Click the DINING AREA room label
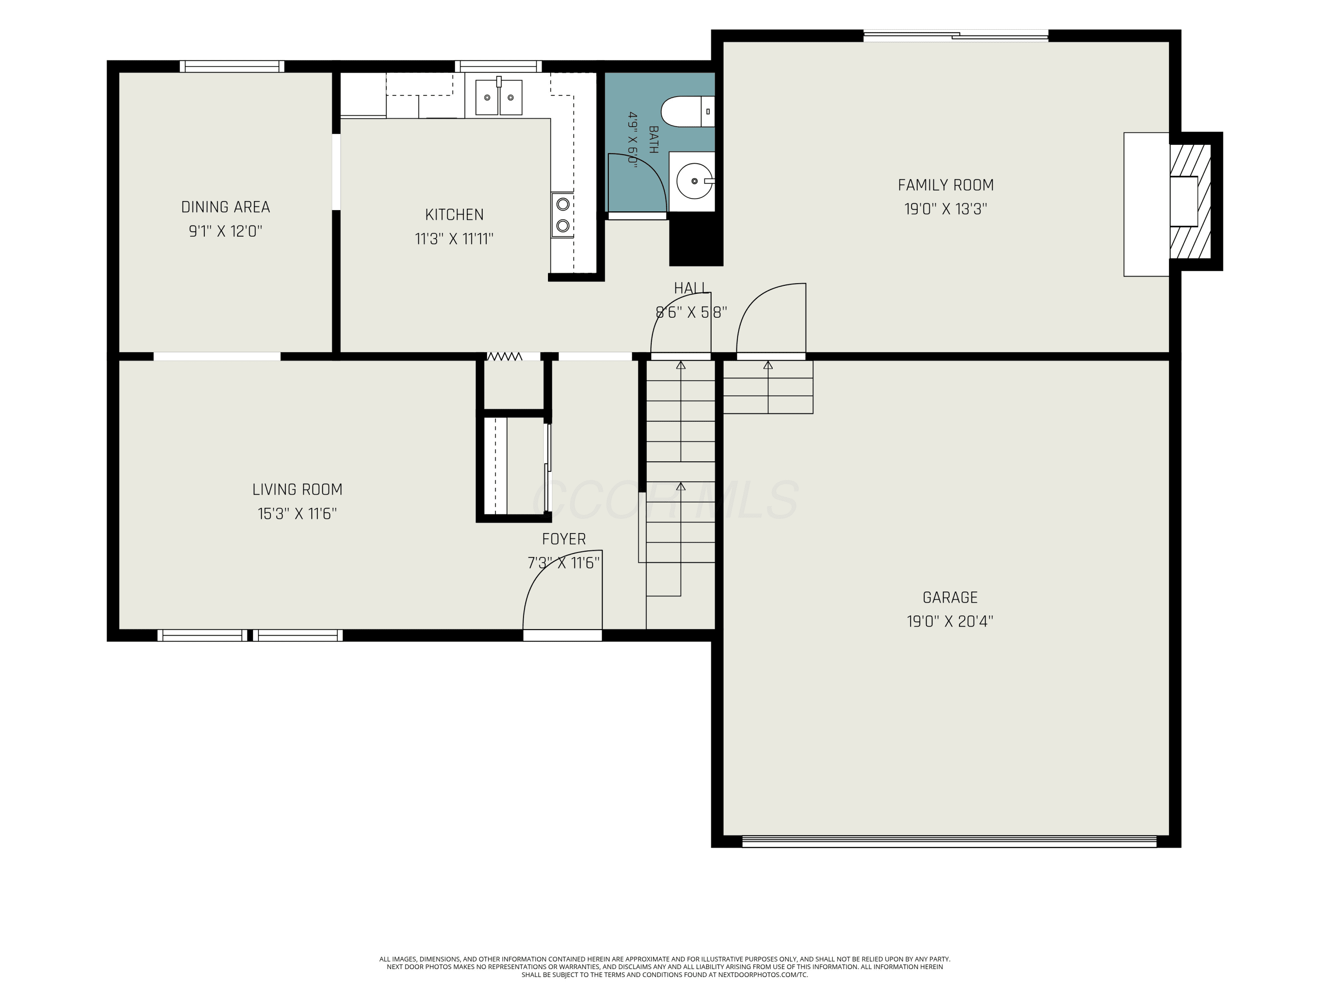tap(226, 207)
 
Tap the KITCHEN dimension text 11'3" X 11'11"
tap(454, 239)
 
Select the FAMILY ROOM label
tap(946, 185)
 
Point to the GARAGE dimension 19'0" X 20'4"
tap(950, 621)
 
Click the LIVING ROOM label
tap(297, 490)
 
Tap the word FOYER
tap(564, 539)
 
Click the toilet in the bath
tap(688, 112)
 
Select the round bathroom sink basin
tap(694, 181)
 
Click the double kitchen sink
tap(499, 97)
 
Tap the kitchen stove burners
tap(563, 214)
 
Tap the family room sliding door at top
tap(955, 35)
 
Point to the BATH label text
tap(653, 140)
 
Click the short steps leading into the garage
tap(768, 387)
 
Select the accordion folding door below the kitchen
tap(504, 356)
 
